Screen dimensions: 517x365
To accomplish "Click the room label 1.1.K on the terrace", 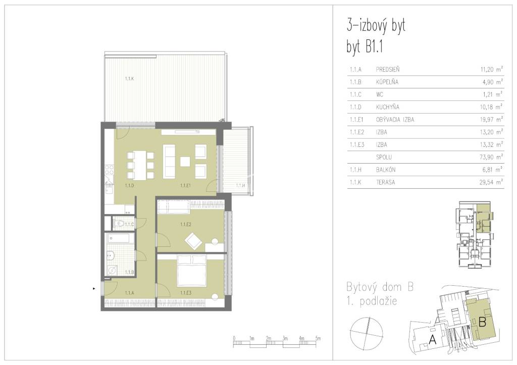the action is tap(129, 79).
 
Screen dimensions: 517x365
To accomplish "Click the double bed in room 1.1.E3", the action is tap(192, 271).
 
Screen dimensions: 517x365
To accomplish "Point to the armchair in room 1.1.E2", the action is tap(193, 241).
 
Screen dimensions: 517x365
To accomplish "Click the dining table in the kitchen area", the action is tap(140, 165).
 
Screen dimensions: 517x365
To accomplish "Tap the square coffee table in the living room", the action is tap(185, 162).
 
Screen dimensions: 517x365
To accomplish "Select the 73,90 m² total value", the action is tap(491, 157).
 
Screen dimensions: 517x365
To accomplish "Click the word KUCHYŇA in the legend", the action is tap(387, 107).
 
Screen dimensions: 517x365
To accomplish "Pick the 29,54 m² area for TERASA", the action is tap(491, 182).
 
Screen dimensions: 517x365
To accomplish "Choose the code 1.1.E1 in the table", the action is tap(356, 119).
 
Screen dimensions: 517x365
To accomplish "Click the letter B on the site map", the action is tap(482, 322).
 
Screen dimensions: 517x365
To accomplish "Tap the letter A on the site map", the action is tap(432, 339).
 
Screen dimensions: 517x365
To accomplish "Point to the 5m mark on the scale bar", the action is tap(318, 338).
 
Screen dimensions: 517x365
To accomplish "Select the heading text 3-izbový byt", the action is tap(376, 26).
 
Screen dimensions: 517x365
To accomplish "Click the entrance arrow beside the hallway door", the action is tap(94, 289).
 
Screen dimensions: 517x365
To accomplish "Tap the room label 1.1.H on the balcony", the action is tap(240, 186).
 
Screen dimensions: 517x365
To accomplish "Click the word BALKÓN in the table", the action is tap(385, 170).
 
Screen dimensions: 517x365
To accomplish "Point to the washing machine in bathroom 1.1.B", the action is tap(112, 270).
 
